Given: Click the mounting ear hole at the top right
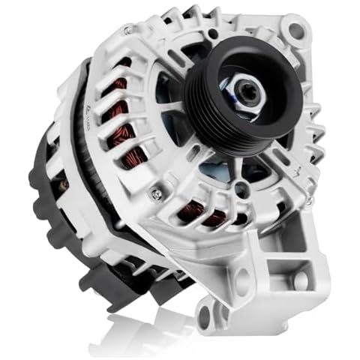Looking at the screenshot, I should (x=297, y=31).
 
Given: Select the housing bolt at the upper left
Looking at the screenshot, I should (x=129, y=31).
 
